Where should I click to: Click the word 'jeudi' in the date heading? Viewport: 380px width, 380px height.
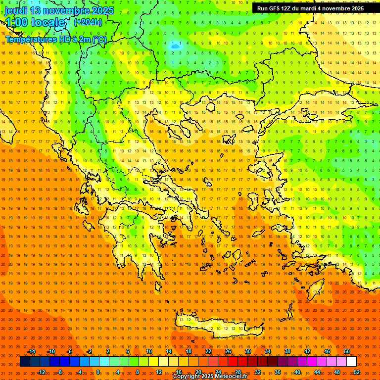point(16,10)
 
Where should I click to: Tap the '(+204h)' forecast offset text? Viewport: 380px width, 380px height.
point(88,22)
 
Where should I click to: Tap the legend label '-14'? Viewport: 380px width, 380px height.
point(31,351)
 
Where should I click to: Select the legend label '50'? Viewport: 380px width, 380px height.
point(347,351)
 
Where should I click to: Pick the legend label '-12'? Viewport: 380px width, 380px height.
point(42,372)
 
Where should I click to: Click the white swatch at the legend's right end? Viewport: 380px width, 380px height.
point(352,362)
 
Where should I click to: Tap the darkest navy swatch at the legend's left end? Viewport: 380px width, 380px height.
point(25,362)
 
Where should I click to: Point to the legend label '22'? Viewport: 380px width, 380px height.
point(208,351)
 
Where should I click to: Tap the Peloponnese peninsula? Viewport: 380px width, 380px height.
point(134,247)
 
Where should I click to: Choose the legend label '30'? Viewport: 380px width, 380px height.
point(248,351)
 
